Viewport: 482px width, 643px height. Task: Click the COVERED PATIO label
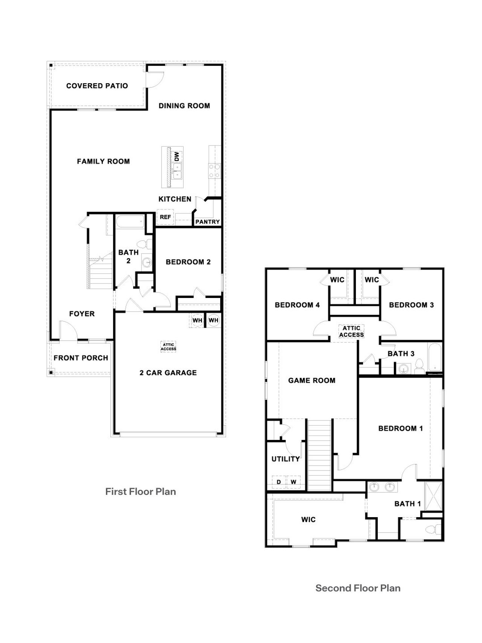(x=97, y=86)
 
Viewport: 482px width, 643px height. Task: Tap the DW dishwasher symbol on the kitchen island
(x=177, y=156)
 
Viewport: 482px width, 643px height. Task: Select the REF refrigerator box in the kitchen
(x=165, y=217)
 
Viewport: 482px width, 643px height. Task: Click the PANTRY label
(x=207, y=222)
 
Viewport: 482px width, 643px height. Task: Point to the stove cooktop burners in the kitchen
(x=215, y=171)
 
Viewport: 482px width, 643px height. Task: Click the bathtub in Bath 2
(x=130, y=222)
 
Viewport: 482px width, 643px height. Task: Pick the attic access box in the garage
(x=168, y=347)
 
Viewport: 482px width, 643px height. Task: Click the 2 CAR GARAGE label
(x=168, y=373)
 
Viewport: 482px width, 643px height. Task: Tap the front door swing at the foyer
(x=68, y=330)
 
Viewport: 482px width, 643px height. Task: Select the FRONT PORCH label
(x=81, y=358)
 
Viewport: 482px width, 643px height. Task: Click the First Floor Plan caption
(x=140, y=492)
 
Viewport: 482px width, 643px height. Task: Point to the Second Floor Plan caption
(x=358, y=588)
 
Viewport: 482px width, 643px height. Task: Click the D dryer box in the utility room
(x=279, y=482)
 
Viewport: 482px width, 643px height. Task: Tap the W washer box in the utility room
(x=293, y=482)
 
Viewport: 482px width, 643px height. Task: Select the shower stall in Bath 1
(x=433, y=495)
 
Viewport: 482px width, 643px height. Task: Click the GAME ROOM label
(x=311, y=380)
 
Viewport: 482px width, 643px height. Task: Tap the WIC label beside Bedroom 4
(x=337, y=280)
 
